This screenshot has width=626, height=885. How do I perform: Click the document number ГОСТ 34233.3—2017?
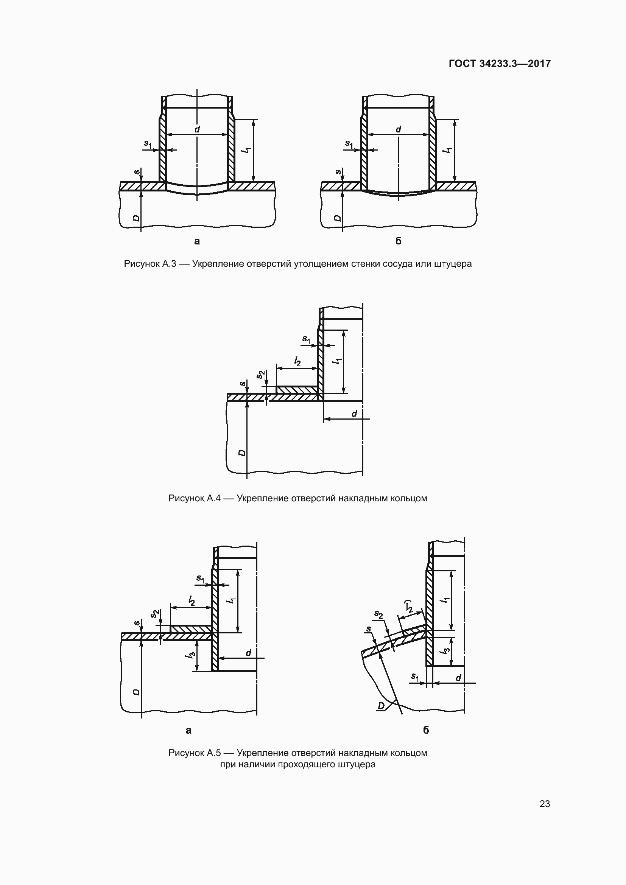click(x=500, y=64)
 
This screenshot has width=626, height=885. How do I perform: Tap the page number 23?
click(x=545, y=804)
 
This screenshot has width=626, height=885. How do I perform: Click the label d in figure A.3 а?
click(x=197, y=129)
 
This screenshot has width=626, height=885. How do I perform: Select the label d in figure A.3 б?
click(x=399, y=129)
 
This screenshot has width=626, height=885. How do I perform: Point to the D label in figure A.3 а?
click(x=136, y=218)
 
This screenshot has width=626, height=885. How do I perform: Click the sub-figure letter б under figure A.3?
click(x=399, y=241)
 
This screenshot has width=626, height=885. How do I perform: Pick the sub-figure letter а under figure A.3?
click(x=197, y=241)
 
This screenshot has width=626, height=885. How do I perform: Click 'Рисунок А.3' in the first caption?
click(x=150, y=264)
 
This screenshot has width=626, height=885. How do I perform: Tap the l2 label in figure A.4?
click(x=297, y=361)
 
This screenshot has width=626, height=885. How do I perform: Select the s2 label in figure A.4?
click(x=262, y=374)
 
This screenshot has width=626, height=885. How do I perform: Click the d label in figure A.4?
click(x=354, y=414)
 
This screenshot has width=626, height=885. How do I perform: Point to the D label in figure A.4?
click(x=242, y=452)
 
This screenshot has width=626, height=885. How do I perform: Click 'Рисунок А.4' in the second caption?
click(x=194, y=498)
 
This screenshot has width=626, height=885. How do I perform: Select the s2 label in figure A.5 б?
click(x=378, y=614)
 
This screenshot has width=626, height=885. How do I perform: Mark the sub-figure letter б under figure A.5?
click(x=426, y=730)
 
